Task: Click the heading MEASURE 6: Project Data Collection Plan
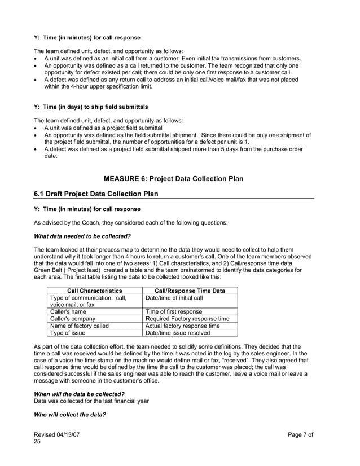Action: click(x=174, y=179)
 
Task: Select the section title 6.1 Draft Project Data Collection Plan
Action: click(x=96, y=194)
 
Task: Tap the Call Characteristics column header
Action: click(x=95, y=291)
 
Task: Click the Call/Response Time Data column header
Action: click(x=190, y=291)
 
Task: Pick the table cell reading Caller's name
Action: click(x=68, y=311)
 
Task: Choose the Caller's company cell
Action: click(x=73, y=319)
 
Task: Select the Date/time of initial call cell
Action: click(x=174, y=298)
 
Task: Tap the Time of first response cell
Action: click(x=174, y=311)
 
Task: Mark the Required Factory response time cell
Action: click(x=187, y=319)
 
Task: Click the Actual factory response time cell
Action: click(x=182, y=326)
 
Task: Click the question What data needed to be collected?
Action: click(x=82, y=236)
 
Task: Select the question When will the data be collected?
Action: click(x=80, y=393)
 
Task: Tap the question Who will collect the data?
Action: click(x=70, y=414)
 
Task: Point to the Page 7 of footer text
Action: click(x=300, y=435)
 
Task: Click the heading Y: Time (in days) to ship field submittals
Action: click(x=91, y=107)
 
